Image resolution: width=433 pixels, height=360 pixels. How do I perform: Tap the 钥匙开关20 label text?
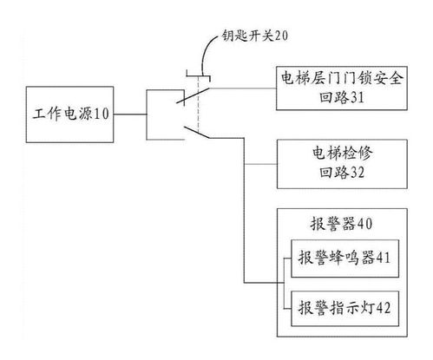click(255, 36)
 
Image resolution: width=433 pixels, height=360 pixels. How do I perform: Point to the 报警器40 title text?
click(341, 224)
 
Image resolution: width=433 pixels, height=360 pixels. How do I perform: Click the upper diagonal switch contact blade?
click(193, 95)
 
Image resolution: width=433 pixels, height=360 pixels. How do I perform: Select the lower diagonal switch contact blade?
click(197, 132)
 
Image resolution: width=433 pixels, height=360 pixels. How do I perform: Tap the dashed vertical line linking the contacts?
click(199, 104)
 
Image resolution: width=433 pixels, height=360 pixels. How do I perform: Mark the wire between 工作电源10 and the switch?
click(130, 115)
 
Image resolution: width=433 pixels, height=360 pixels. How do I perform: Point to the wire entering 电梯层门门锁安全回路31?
click(243, 88)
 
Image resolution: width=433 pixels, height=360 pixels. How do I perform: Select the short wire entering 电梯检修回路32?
click(260, 164)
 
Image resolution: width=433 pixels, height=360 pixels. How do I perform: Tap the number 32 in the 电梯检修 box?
click(358, 173)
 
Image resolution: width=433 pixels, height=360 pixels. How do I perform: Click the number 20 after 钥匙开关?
click(280, 36)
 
